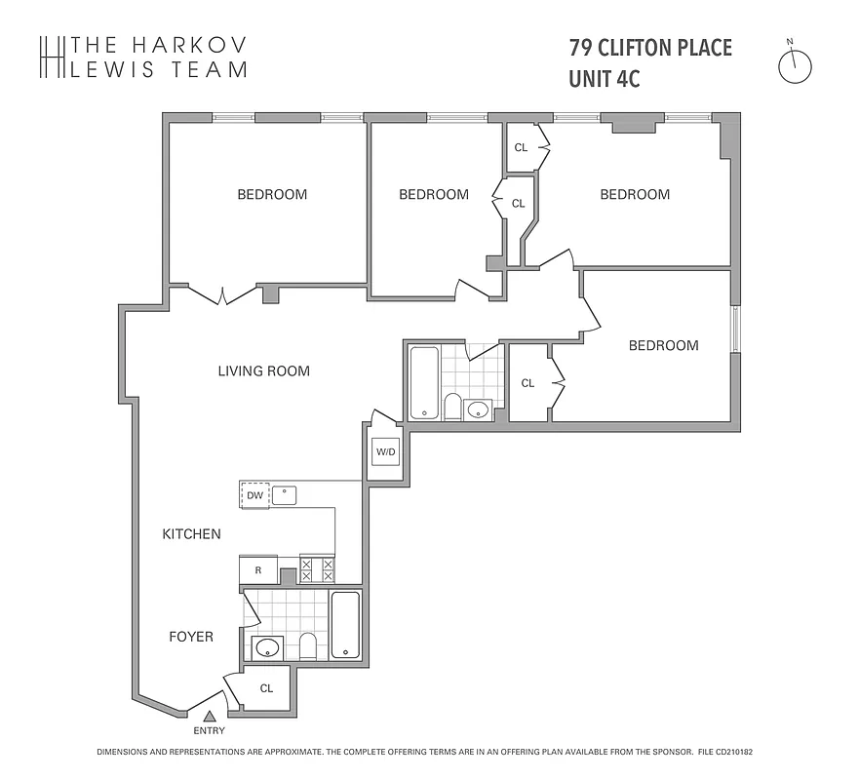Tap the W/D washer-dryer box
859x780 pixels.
[385, 452]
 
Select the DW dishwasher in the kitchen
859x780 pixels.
[255, 495]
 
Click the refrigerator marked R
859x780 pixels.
[257, 569]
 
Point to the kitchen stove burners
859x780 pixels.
[317, 569]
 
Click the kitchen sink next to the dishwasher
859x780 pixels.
[284, 495]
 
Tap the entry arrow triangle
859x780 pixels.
[208, 718]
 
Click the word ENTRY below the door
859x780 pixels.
[209, 731]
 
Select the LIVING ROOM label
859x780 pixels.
[263, 370]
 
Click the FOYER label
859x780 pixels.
[191, 637]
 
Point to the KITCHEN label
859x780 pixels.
[191, 534]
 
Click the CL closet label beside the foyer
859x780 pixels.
[266, 688]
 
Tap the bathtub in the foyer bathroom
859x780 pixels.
[346, 624]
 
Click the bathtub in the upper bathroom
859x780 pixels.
[424, 382]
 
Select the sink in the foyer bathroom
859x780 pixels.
[266, 646]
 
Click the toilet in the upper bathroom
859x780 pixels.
[452, 405]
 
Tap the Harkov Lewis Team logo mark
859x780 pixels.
[51, 57]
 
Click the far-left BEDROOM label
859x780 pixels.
[272, 194]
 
